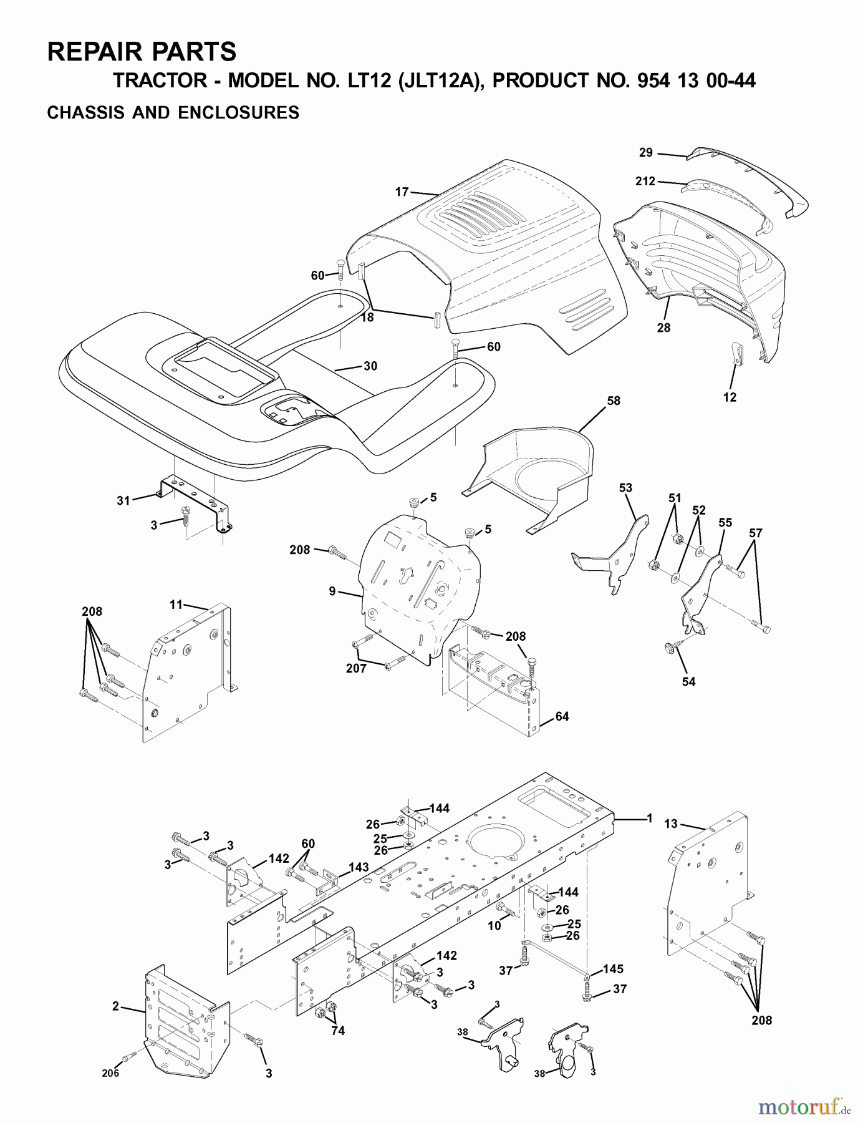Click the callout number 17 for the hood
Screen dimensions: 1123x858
402,192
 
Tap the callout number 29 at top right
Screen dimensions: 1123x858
645,152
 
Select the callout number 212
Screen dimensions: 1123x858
645,181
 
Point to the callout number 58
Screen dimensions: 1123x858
614,401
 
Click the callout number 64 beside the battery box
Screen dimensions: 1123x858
562,716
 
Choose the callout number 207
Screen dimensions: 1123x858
357,668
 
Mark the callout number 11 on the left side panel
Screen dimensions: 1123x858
176,604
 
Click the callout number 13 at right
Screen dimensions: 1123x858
670,824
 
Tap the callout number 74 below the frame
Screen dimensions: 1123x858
337,1031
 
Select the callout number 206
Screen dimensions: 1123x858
110,1073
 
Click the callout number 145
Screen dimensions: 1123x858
613,969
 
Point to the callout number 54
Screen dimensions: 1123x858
688,681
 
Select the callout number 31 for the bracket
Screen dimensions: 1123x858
123,500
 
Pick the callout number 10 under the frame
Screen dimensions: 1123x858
494,926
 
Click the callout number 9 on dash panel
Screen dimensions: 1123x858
332,590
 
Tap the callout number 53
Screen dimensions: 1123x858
625,487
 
